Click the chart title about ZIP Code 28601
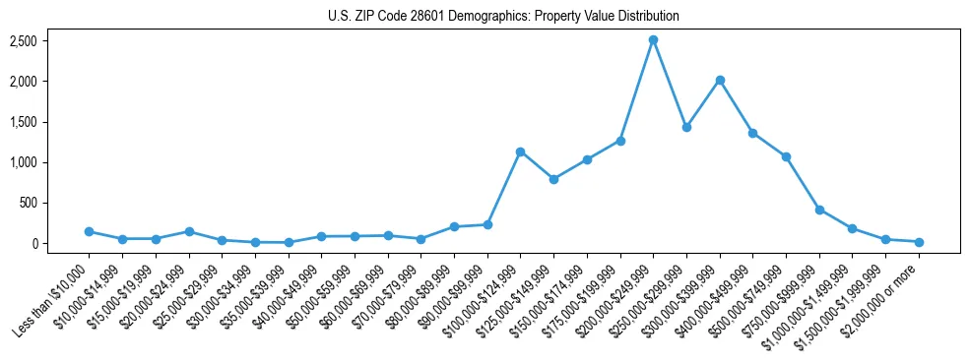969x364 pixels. (x=503, y=16)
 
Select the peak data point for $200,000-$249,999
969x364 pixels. (x=653, y=39)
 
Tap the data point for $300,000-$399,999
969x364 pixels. (x=720, y=80)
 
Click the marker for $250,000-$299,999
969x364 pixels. (x=686, y=127)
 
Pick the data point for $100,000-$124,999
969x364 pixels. (x=520, y=152)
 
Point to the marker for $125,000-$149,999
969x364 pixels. (x=553, y=179)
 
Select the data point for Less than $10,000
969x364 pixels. (x=89, y=231)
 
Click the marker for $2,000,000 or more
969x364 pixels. (x=919, y=241)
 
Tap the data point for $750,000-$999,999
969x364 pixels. (x=819, y=210)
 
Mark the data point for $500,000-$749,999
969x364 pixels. (x=786, y=156)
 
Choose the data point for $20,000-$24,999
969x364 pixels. (x=188, y=231)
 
